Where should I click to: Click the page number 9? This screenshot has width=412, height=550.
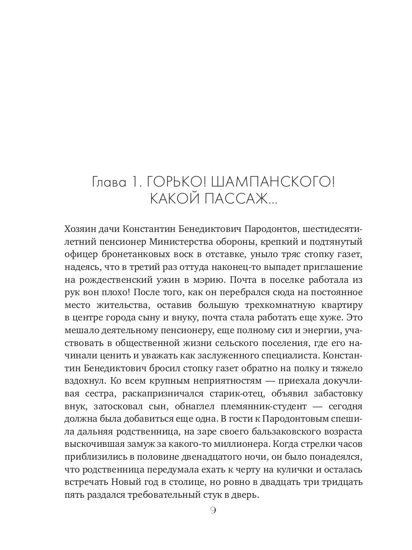[x=212, y=511]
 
